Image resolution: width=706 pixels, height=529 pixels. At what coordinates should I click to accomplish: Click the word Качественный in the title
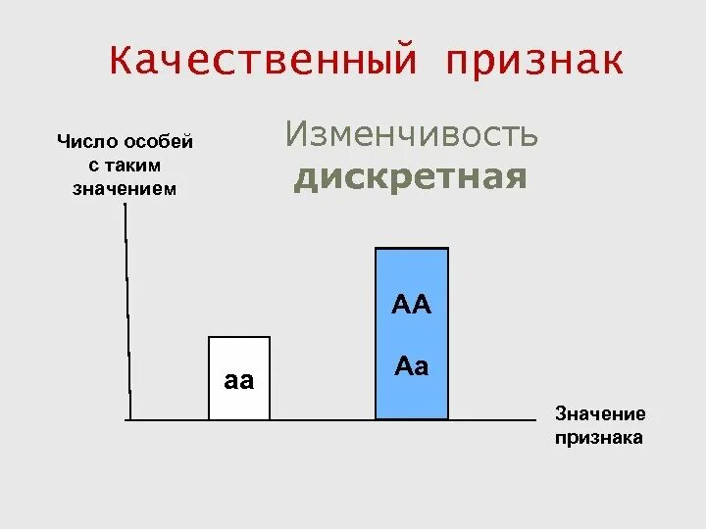[x=262, y=61]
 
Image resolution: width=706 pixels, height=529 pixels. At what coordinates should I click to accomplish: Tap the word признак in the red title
[x=534, y=61]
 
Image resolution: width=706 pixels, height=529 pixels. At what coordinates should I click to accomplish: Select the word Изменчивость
[x=412, y=134]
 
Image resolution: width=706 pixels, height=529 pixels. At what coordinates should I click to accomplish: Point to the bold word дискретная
[x=411, y=178]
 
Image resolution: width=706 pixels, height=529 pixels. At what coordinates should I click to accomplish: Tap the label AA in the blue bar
[x=412, y=305]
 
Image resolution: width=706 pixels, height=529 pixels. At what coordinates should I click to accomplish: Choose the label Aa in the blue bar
[x=412, y=366]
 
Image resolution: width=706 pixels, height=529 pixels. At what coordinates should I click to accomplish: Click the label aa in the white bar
[x=239, y=381]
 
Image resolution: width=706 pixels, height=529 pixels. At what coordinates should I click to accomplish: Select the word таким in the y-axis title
[x=137, y=166]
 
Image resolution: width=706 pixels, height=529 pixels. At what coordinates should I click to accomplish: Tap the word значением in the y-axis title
[x=125, y=188]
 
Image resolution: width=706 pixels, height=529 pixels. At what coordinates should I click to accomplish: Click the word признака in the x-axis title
[x=599, y=437]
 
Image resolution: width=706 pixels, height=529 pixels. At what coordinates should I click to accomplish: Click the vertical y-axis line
[x=127, y=313]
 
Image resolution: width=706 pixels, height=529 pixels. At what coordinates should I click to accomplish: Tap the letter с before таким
[x=94, y=166]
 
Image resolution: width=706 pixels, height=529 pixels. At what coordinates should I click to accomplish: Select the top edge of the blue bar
[x=412, y=249]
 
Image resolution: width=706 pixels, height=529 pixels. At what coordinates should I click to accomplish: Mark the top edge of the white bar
[x=238, y=337]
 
